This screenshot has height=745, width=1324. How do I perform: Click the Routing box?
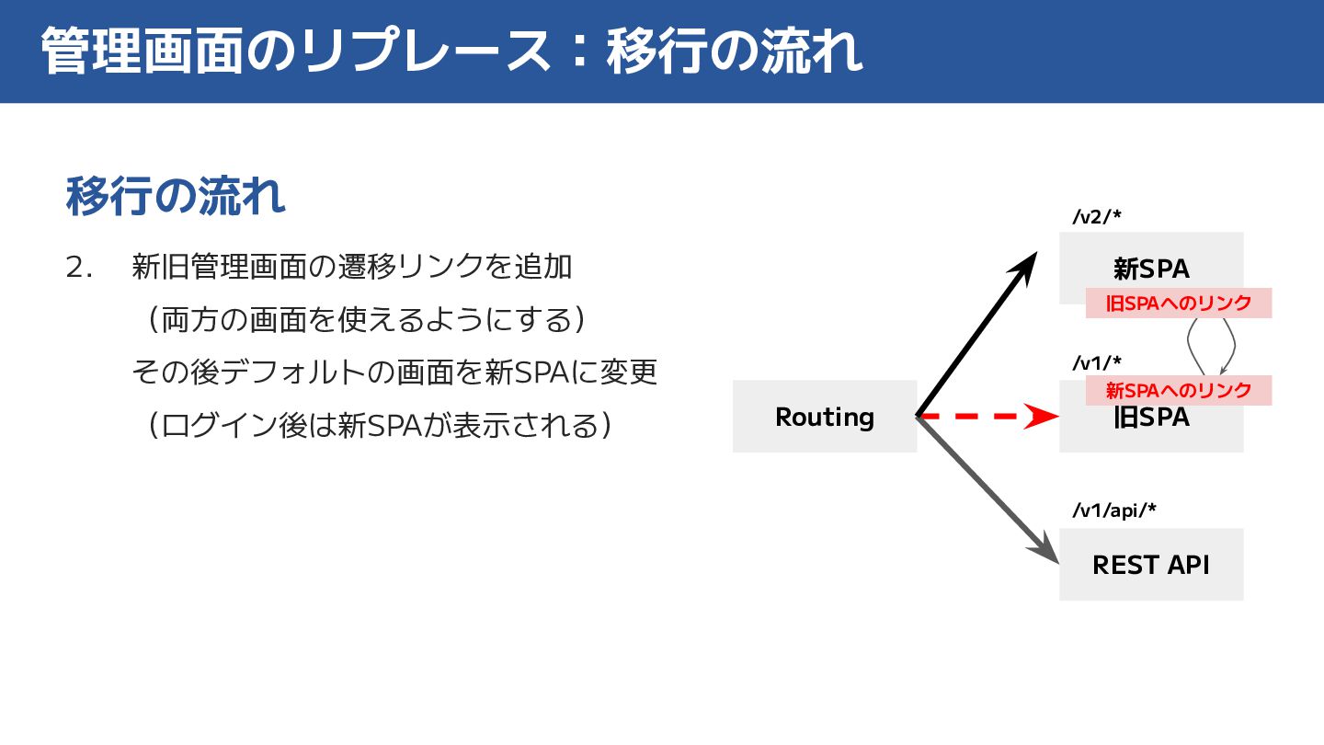coord(824,417)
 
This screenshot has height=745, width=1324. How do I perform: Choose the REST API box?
coord(1151,564)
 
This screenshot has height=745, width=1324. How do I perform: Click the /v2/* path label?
coord(1097,217)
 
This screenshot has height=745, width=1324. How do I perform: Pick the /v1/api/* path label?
coord(1113,511)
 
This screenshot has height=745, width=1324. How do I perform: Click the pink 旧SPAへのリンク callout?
coord(1178,304)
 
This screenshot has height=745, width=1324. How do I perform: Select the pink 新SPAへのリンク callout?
coord(1178,390)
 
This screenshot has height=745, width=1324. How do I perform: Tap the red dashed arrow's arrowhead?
coord(1043,417)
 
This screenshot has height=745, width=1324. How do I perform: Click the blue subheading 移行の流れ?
coord(176,196)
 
